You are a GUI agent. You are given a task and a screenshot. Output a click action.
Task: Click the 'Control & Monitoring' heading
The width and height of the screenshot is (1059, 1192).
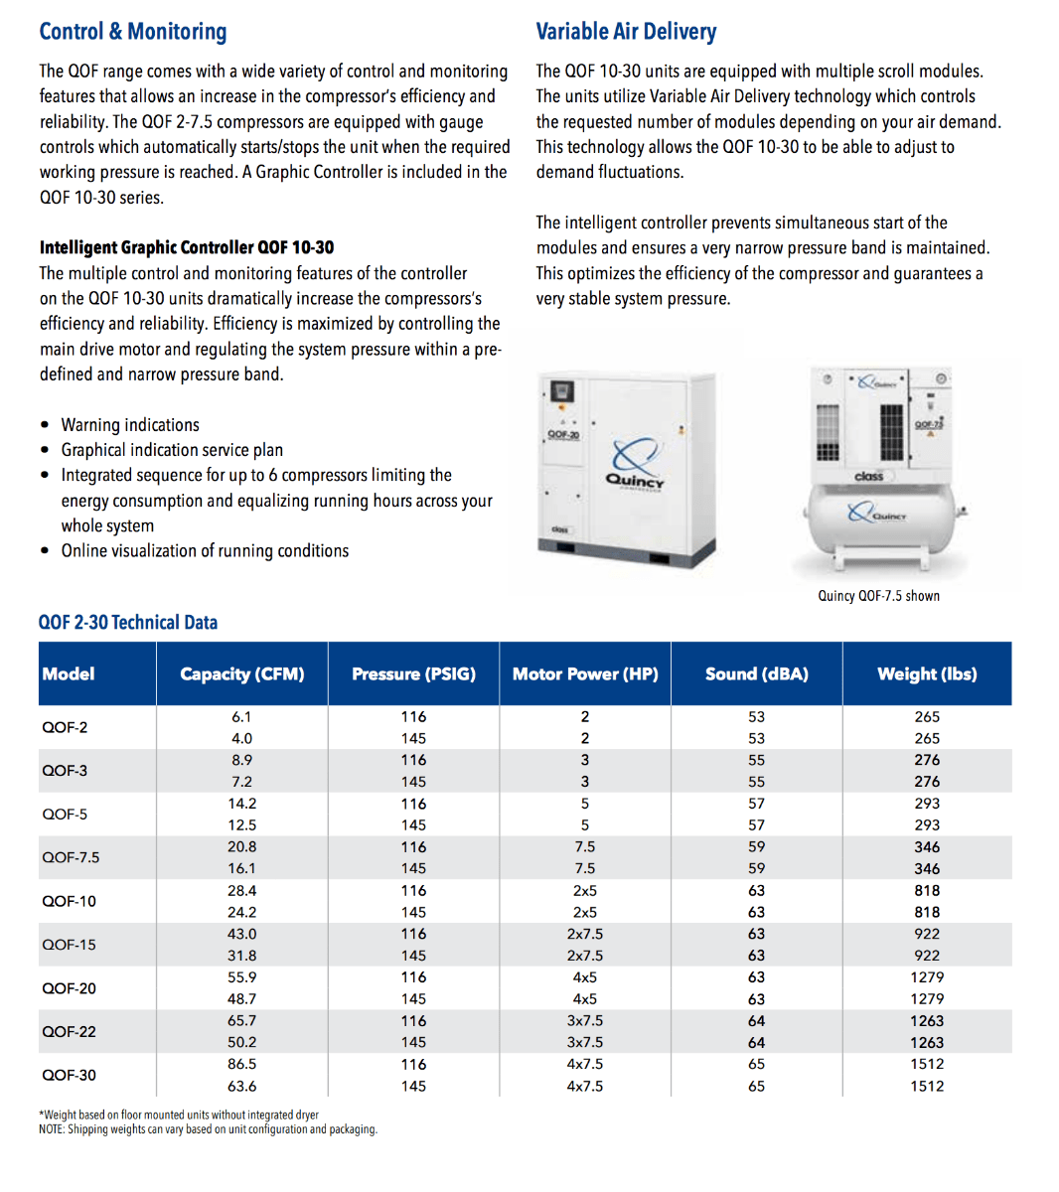click(133, 32)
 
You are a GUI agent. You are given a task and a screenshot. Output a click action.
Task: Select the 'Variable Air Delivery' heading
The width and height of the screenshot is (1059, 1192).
click(626, 32)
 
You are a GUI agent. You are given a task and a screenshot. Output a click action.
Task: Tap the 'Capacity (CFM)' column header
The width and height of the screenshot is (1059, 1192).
click(242, 673)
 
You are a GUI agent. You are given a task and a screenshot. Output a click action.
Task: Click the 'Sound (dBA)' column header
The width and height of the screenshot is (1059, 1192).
click(756, 673)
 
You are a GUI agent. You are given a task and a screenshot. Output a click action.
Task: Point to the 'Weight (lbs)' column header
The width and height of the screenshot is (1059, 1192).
click(927, 673)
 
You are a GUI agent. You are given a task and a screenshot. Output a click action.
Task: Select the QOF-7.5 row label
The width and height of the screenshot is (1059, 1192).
click(71, 857)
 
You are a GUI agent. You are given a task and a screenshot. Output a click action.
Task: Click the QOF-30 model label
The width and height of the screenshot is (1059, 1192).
click(69, 1075)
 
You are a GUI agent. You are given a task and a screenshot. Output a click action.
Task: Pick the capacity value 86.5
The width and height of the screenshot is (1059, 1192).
click(242, 1064)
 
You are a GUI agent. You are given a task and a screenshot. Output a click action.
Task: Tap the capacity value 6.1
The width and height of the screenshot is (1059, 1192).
click(242, 716)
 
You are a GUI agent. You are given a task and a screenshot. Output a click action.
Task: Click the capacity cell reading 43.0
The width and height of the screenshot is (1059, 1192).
click(242, 934)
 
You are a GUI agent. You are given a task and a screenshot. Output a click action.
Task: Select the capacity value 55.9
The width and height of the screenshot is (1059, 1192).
click(242, 977)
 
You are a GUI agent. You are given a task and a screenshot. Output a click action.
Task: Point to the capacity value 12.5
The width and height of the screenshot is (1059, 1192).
click(242, 825)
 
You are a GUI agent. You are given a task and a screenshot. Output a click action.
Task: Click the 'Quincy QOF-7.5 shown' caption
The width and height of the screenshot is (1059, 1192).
click(878, 596)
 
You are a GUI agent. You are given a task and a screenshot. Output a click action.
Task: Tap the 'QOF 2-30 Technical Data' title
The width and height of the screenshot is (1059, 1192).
click(128, 623)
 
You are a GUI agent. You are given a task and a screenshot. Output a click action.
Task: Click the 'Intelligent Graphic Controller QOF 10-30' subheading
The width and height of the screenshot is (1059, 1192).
click(187, 247)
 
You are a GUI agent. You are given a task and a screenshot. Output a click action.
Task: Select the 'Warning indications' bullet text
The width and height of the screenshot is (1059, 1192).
click(130, 425)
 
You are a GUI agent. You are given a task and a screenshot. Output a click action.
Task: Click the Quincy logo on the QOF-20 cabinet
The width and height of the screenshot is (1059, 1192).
click(634, 465)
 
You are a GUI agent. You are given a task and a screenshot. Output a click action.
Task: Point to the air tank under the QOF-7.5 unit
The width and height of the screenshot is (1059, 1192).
click(879, 517)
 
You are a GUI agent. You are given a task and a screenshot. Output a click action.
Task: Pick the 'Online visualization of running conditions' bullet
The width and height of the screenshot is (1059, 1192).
click(205, 551)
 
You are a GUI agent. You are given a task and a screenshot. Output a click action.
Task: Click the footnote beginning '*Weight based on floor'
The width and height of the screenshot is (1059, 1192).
click(179, 1115)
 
